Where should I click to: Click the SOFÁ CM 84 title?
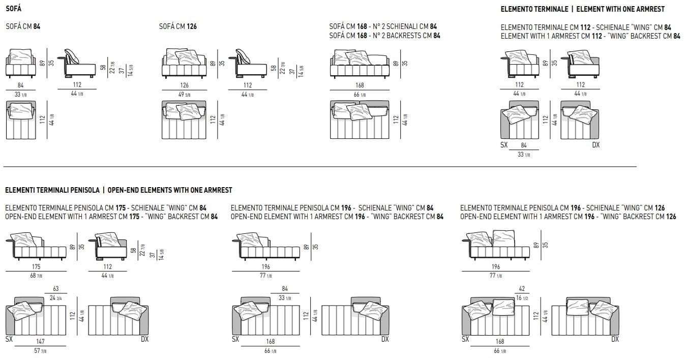pos(22,26)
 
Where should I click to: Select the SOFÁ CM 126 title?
pos(177,26)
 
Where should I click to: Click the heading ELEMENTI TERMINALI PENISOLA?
pos(52,190)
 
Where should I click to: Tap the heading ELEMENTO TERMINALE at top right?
pos(534,9)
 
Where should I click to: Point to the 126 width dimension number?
pos(184,85)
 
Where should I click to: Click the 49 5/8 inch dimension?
pos(184,95)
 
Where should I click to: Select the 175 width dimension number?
pos(36,266)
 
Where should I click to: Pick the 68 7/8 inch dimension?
pos(36,276)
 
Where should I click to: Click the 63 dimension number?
pos(56,289)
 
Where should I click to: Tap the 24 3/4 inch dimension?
pos(56,298)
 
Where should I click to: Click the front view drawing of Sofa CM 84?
pos(21,64)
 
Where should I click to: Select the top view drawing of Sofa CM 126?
pos(184,120)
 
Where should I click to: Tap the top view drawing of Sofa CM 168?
pos(360,120)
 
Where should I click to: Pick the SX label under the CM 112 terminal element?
pos(504,145)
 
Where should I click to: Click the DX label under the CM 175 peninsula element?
pos(144,339)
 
